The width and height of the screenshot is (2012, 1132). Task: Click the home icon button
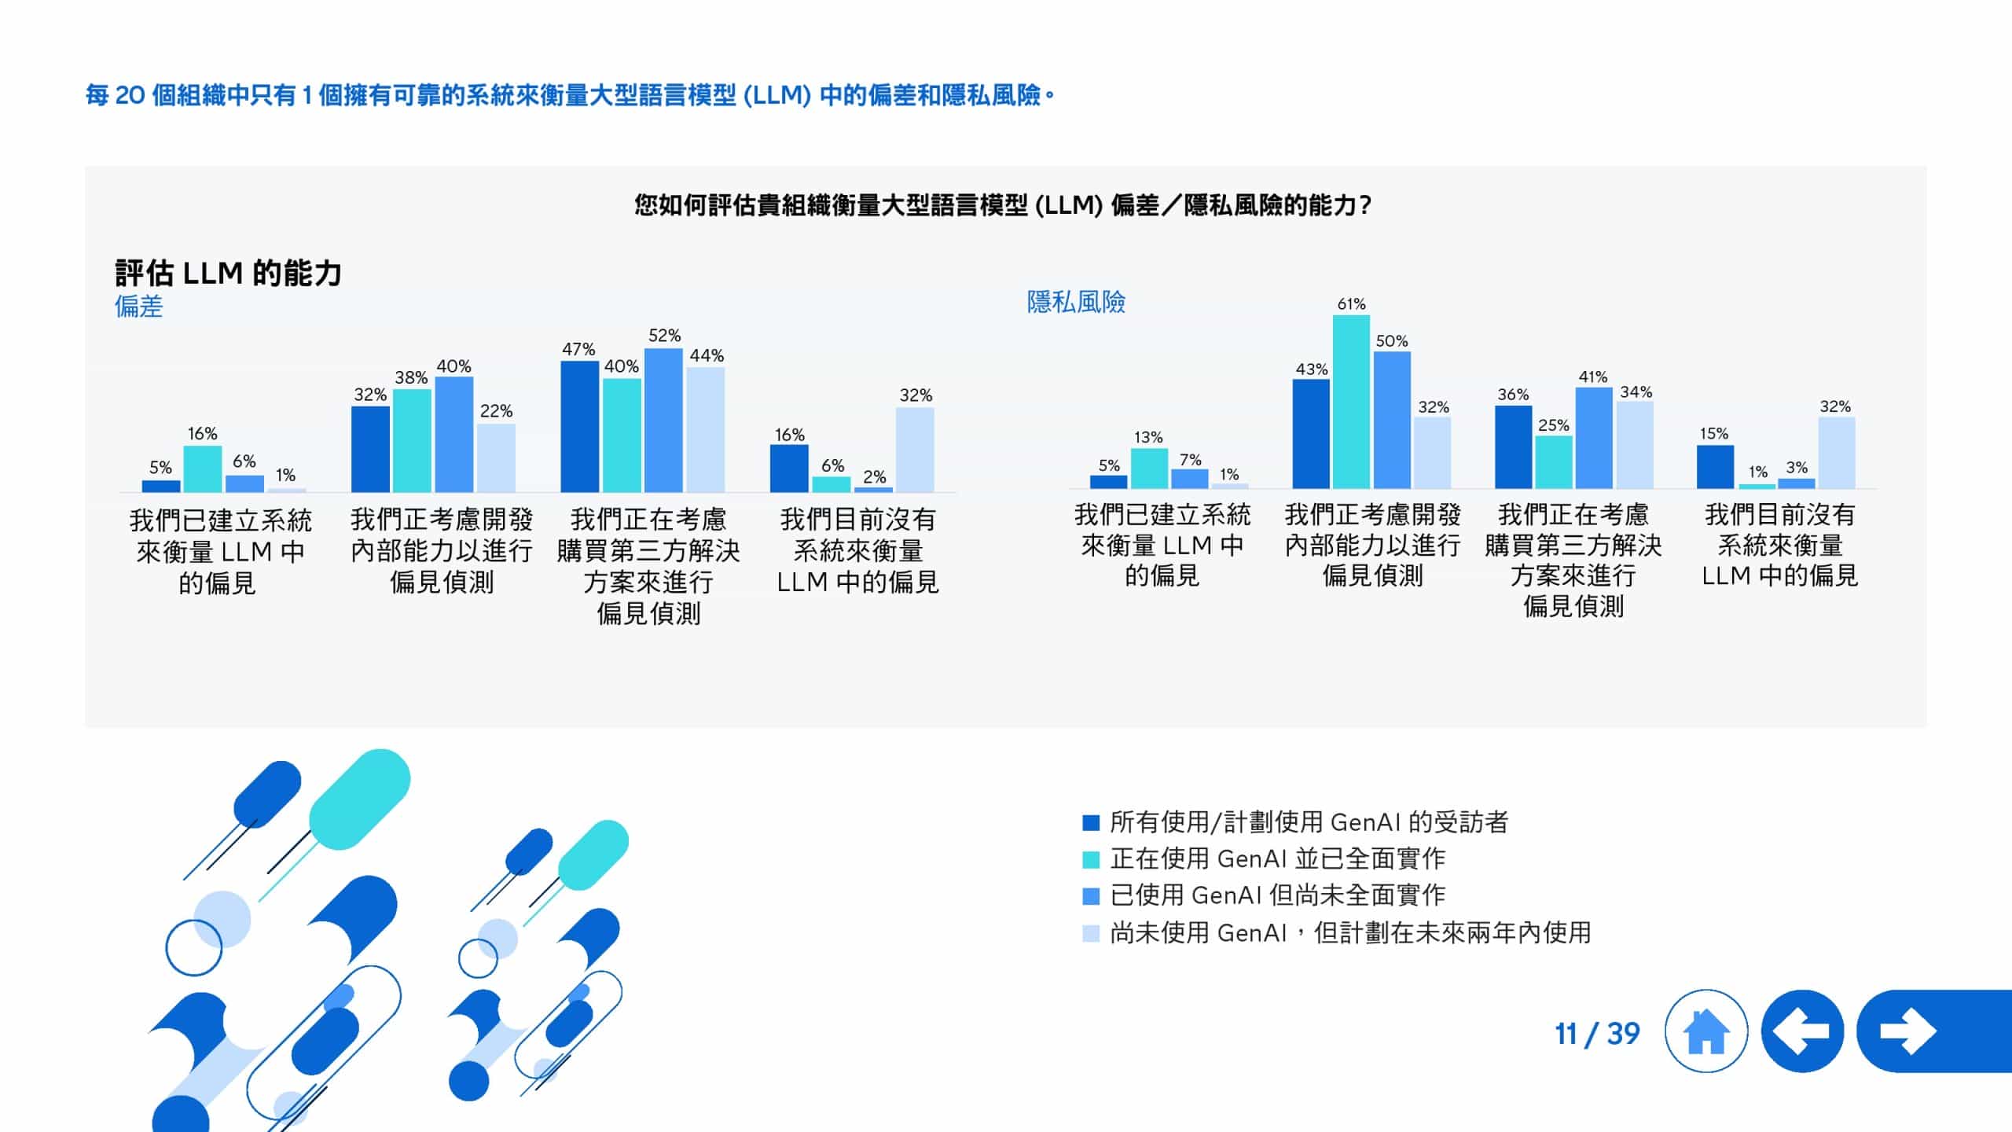tap(1705, 1031)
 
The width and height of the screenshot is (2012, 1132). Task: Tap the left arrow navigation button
tap(1802, 1031)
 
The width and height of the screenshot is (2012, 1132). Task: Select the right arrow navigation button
tap(1910, 1031)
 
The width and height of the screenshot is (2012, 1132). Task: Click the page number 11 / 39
tap(1597, 1034)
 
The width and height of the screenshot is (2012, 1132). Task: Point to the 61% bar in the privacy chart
tap(1351, 401)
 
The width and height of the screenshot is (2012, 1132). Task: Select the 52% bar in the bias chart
tap(663, 421)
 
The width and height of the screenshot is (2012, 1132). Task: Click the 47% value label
tap(578, 349)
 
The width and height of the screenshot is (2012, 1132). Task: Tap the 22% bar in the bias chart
tap(496, 458)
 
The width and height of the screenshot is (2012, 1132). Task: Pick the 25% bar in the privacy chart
tap(1553, 462)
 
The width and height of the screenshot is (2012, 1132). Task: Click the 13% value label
tap(1148, 437)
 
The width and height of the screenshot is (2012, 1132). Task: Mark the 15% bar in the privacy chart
tap(1715, 467)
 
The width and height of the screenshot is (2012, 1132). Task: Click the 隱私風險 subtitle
tap(1076, 302)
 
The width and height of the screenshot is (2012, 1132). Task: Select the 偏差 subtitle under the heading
tap(138, 306)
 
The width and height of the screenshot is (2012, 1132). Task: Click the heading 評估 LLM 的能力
tap(228, 273)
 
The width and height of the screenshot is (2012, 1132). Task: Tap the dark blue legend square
tap(1090, 822)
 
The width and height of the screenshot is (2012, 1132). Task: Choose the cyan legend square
tap(1090, 859)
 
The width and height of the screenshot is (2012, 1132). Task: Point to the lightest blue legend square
tap(1090, 933)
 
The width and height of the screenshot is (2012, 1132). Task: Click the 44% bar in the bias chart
tap(705, 430)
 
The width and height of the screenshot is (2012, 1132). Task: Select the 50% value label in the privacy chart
tap(1391, 341)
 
